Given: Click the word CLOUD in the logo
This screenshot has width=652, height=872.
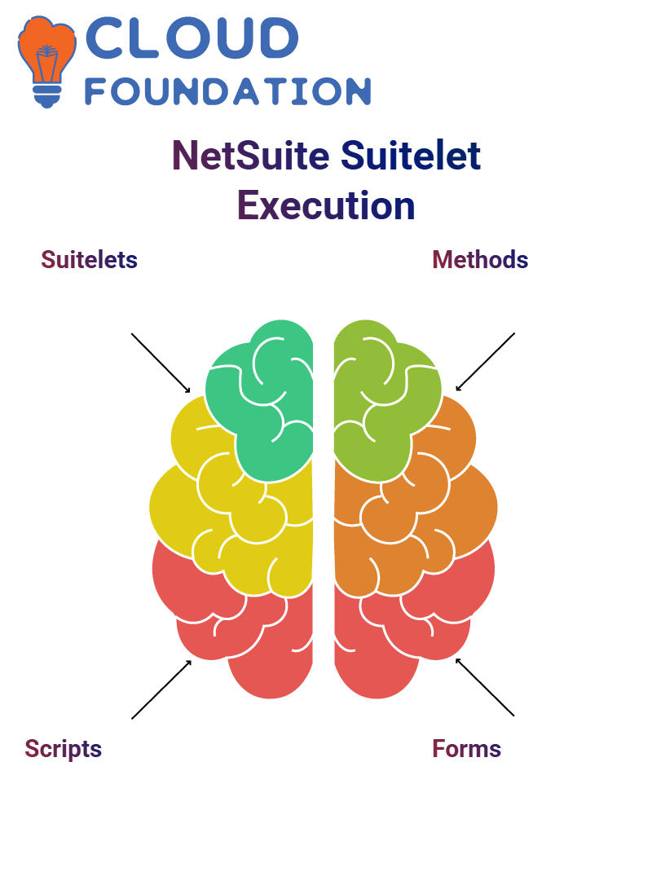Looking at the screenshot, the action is point(192,37).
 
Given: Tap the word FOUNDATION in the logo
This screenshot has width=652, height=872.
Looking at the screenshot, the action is point(227,91).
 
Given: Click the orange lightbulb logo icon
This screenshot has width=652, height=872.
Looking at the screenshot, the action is point(46,61).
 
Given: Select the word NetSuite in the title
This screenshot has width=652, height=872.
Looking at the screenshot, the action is point(251,155).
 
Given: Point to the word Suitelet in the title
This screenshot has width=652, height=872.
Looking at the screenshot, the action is point(411,155).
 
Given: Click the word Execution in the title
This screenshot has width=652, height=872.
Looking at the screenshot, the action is point(326,205).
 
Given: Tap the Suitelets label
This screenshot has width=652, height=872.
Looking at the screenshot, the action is point(89,260).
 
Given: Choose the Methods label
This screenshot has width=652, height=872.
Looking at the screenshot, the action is point(480,260).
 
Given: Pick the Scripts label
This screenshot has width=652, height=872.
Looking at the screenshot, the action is point(64,750).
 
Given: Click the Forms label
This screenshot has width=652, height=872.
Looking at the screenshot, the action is point(467,749).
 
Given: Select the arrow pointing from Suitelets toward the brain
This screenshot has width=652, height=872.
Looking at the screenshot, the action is point(161,363).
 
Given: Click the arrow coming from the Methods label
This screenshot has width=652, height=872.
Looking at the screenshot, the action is point(485,362).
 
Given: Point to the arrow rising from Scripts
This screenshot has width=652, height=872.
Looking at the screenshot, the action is point(161,689).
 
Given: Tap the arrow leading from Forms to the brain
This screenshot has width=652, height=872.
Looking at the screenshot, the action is point(485,687).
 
